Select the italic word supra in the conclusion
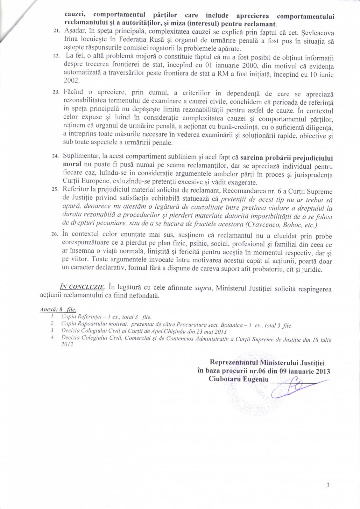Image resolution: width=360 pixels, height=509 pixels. tap(204, 288)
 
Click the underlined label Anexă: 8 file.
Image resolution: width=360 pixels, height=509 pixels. tap(58, 309)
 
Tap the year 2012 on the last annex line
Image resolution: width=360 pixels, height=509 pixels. tap(67, 345)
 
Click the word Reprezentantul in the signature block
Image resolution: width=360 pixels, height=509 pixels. tap(234, 362)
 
